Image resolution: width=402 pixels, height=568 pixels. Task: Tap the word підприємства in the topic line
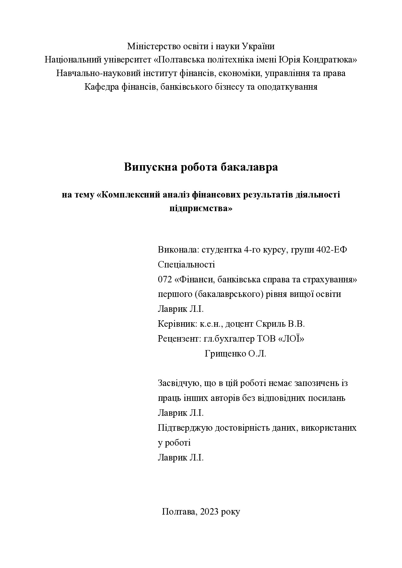pos(201,208)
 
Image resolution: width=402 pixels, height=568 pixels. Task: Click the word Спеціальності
pos(186,265)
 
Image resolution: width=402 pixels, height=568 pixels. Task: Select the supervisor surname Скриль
pos(269,324)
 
